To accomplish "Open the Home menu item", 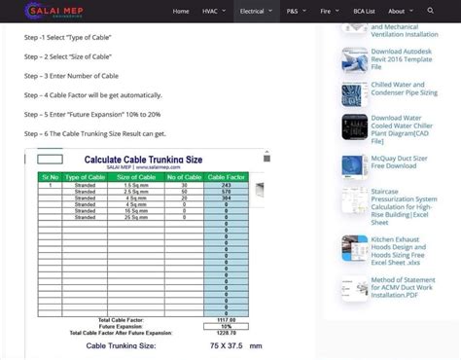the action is point(181,12).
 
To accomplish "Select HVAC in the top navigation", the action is point(211,12).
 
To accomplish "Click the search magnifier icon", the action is point(430,12).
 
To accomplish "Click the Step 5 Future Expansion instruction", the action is point(93,114).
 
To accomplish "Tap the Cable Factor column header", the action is point(226,177).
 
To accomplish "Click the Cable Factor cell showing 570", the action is point(226,192).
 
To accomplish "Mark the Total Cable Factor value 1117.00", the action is point(226,319).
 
